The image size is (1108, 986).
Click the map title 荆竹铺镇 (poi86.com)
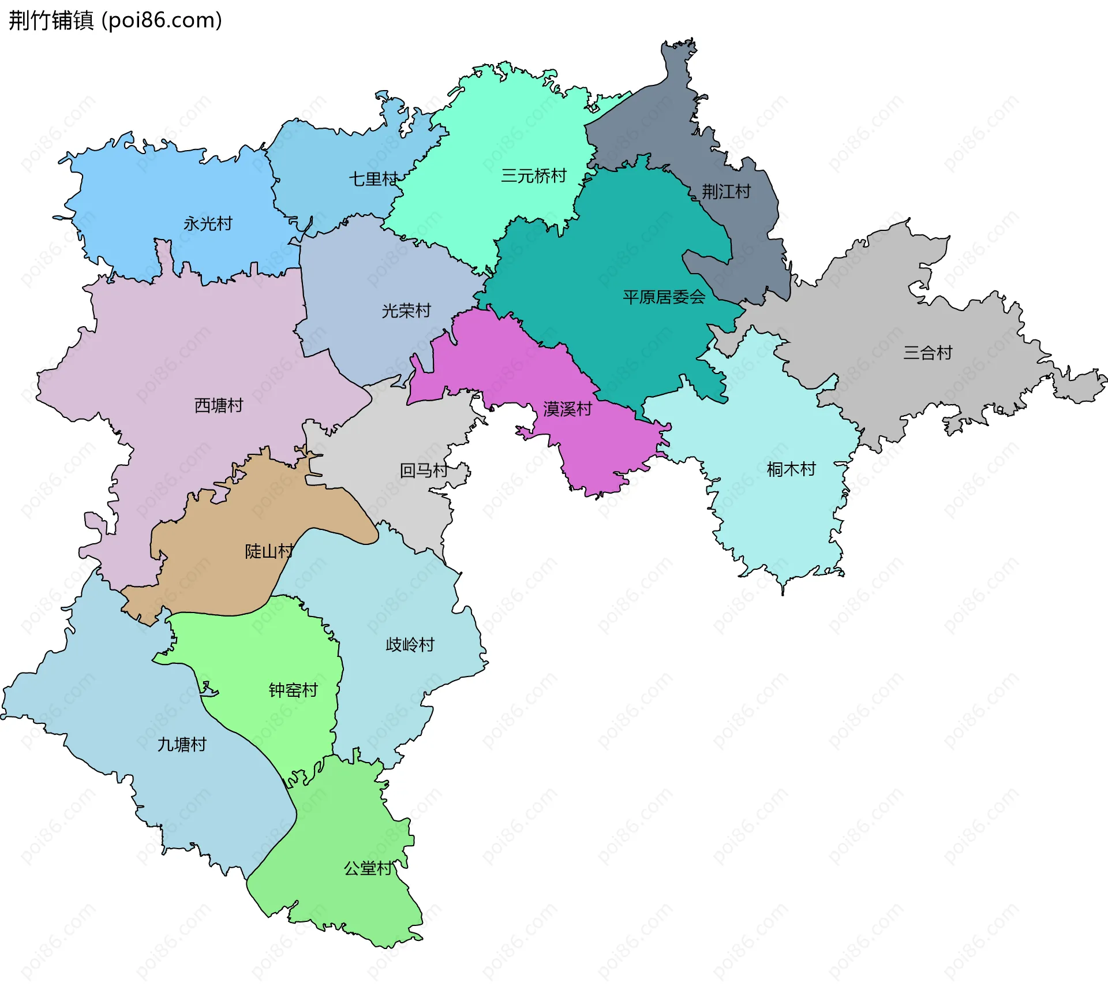pos(115,21)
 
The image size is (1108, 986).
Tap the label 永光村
pos(208,223)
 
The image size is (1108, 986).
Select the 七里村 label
pos(373,179)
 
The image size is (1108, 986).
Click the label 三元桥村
pos(534,175)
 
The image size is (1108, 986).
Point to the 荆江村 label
pos(726,192)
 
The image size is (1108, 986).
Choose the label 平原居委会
pos(664,297)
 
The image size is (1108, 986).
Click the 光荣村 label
pos(406,311)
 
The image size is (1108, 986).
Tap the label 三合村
pos(927,353)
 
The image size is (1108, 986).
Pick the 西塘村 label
pos(219,405)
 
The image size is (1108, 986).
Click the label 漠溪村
pos(567,409)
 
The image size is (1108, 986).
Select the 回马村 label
pos(424,470)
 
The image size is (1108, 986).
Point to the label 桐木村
pos(791,469)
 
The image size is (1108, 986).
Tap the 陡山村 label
pos(269,551)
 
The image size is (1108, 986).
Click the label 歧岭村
pos(410,645)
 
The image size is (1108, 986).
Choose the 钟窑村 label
pos(293,690)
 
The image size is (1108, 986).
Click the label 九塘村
pos(182,745)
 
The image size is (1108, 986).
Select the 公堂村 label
pos(368,868)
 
